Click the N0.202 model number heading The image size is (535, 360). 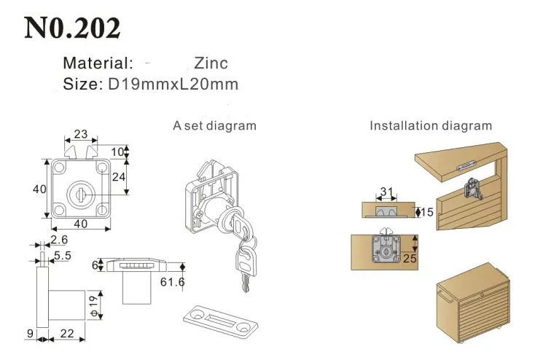pyautogui.click(x=72, y=28)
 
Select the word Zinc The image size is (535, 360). pyautogui.click(x=211, y=63)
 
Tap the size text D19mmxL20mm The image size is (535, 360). pyautogui.click(x=173, y=84)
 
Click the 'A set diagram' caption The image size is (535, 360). pyautogui.click(x=214, y=125)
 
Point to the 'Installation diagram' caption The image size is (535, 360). pyautogui.click(x=431, y=125)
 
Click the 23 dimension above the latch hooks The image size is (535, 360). pyautogui.click(x=81, y=134)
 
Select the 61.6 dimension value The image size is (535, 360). pyautogui.click(x=172, y=282)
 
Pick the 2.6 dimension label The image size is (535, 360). pyautogui.click(x=59, y=240)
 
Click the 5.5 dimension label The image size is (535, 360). pyautogui.click(x=63, y=255)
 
